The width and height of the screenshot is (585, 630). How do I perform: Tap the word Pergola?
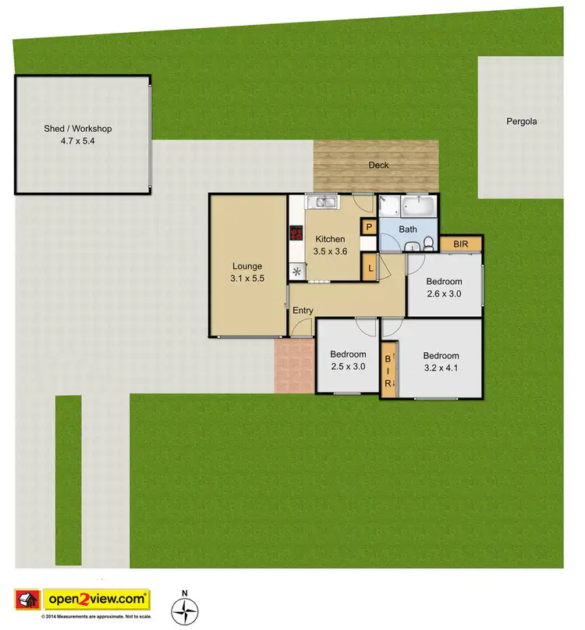522,122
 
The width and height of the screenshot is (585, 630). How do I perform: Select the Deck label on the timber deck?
378,165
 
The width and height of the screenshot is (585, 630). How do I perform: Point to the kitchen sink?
321,203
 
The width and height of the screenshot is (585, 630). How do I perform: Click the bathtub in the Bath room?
417,208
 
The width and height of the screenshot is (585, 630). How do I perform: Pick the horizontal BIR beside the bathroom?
461,244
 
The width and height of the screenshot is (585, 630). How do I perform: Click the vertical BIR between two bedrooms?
388,371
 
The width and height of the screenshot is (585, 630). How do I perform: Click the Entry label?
303,311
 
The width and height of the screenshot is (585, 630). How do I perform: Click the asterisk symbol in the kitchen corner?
297,272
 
